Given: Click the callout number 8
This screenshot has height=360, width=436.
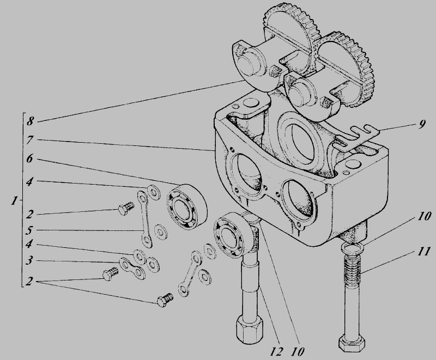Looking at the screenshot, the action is point(30,121).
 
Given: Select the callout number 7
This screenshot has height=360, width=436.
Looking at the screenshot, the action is point(30,140).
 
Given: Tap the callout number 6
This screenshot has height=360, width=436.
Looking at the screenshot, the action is point(29,158).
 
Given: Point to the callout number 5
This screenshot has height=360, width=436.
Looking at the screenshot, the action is point(30,230).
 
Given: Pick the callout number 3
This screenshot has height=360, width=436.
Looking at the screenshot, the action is point(29,260).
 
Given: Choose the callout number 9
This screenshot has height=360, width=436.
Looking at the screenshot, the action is point(422,124).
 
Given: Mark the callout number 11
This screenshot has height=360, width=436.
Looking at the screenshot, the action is point(423,252).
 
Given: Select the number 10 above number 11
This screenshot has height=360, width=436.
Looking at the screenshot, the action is point(424,216).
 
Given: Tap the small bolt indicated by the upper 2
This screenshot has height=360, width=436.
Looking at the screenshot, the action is point(126,208).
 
